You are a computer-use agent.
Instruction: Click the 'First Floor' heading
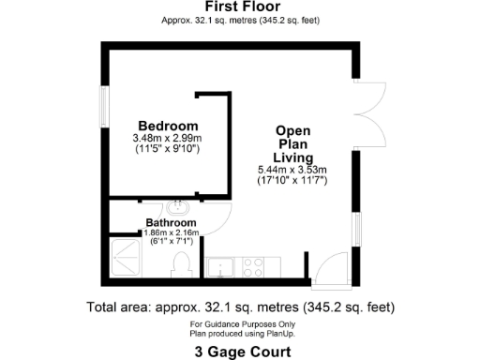(x=239, y=7)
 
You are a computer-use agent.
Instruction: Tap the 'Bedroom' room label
(x=168, y=127)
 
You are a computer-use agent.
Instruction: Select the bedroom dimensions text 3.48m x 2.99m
(x=168, y=139)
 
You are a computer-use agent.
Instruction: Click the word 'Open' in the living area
(x=292, y=130)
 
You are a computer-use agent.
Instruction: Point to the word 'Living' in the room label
(x=292, y=157)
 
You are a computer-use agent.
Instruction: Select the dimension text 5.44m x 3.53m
(x=292, y=169)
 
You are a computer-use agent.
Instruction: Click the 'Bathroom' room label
(x=170, y=222)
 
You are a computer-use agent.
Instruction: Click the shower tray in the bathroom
(x=128, y=261)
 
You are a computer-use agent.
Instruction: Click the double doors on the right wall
(x=365, y=109)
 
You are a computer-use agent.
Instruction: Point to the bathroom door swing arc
(x=217, y=221)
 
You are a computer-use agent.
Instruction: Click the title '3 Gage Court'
(x=239, y=352)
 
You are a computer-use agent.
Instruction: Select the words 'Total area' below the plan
(x=119, y=307)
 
